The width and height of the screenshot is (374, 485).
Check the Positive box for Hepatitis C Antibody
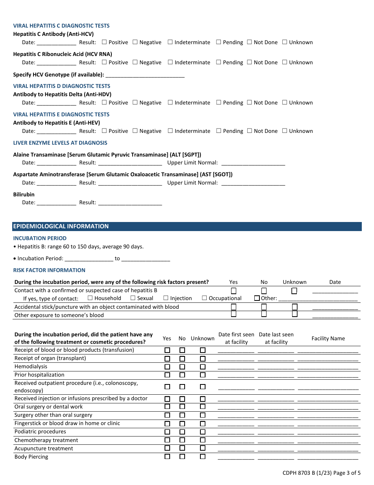(x=104, y=42)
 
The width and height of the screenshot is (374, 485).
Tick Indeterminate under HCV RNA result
(x=170, y=62)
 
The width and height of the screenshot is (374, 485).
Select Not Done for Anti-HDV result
(x=250, y=103)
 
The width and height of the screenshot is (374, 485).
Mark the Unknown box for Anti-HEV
(x=285, y=131)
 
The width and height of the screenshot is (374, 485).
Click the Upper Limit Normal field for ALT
(x=253, y=163)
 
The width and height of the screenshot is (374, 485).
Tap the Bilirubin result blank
(x=130, y=203)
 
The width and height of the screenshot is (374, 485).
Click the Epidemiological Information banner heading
(x=61, y=226)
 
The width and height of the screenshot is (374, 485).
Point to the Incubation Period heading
(x=40, y=238)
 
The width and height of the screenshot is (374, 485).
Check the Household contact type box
(x=90, y=298)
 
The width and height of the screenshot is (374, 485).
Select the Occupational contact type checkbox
(x=204, y=298)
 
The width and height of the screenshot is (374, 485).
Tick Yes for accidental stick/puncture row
(x=233, y=307)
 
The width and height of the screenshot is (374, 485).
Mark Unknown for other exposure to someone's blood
(x=294, y=314)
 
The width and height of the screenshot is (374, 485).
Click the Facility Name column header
(x=328, y=338)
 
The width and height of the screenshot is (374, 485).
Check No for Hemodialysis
(x=182, y=367)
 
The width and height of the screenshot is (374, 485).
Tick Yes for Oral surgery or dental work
(x=167, y=407)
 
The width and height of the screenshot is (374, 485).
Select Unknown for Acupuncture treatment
(x=203, y=448)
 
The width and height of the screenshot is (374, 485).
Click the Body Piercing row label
(x=31, y=457)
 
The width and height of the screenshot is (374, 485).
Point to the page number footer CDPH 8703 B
(x=321, y=473)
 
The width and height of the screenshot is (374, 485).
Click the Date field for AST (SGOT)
(x=56, y=183)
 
